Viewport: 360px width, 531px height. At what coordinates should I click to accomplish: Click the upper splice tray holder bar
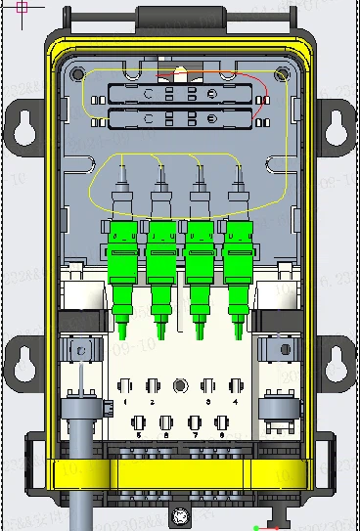tap(178, 94)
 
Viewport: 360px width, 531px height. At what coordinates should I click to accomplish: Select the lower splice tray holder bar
tap(178, 121)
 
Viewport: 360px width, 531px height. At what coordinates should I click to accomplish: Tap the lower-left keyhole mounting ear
tap(24, 362)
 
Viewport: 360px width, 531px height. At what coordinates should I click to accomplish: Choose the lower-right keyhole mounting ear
tap(336, 362)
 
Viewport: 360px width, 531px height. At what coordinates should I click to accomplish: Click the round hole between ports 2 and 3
tap(180, 386)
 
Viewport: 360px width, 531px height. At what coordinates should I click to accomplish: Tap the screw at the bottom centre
tap(180, 514)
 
